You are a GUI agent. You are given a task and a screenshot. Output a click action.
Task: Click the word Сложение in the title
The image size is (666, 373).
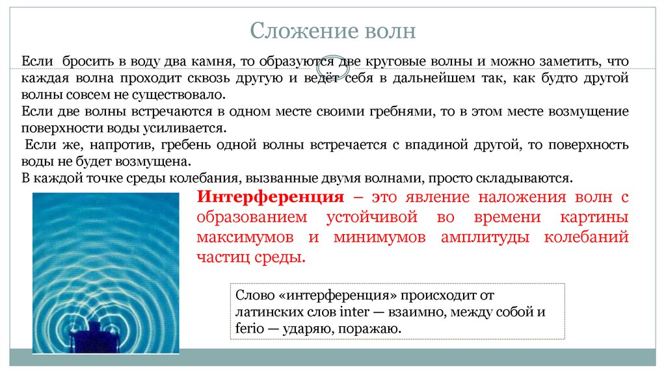(294, 31)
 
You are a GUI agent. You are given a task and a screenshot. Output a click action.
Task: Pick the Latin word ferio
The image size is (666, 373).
(250, 329)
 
